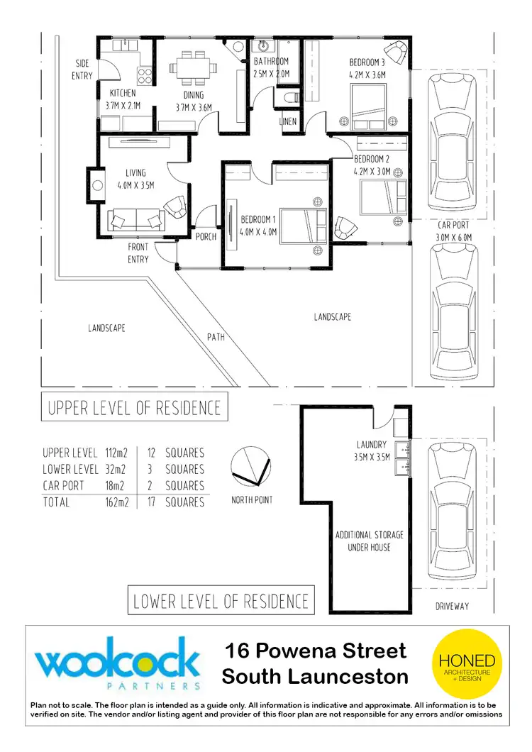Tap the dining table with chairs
193,66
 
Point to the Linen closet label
288,122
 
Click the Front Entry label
138,253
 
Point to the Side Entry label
82,70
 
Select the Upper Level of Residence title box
134,408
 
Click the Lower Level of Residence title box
221,602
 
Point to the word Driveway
452,607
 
